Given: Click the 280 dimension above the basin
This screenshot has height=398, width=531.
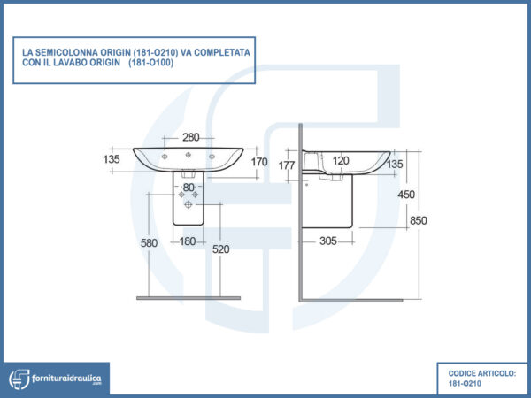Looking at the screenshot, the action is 191,137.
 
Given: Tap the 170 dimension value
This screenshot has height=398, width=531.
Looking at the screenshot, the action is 259,162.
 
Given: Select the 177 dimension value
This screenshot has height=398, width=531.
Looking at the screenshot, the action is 287,165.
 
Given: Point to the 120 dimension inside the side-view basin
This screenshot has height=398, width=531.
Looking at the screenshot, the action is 341,160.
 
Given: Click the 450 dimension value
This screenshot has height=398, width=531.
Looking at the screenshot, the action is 406,195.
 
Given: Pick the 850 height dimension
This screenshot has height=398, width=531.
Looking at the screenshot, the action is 419,220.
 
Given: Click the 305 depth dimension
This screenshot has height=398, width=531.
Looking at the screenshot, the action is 328,241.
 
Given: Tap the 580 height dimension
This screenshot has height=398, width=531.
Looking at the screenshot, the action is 149,243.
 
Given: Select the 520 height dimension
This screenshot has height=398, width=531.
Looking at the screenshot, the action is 220,249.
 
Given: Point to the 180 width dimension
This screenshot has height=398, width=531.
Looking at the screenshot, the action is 188,241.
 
